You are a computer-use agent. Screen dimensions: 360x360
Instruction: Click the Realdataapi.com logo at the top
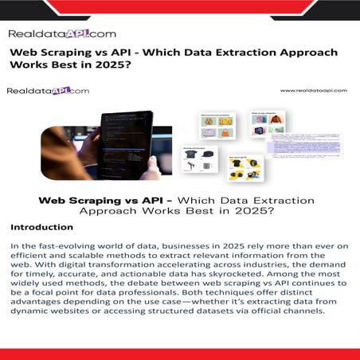click(62, 33)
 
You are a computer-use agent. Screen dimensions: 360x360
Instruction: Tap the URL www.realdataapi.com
click(314, 91)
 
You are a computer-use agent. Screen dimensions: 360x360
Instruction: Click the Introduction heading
click(42, 227)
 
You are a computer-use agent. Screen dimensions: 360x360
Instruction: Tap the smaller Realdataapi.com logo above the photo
click(48, 91)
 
